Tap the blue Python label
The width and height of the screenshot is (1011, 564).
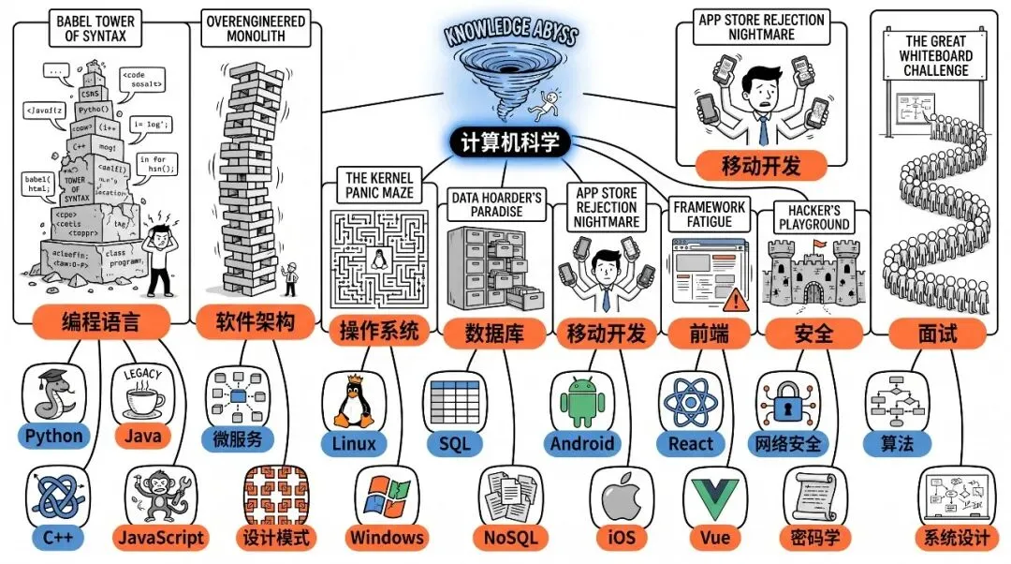coord(54,436)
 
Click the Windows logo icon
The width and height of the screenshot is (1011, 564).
coord(388,497)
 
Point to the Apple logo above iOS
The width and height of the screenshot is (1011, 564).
coord(620,497)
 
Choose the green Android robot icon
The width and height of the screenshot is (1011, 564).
coord(582,400)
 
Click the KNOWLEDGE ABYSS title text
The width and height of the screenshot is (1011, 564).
coord(510,31)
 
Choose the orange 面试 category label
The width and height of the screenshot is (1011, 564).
coord(924,333)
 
